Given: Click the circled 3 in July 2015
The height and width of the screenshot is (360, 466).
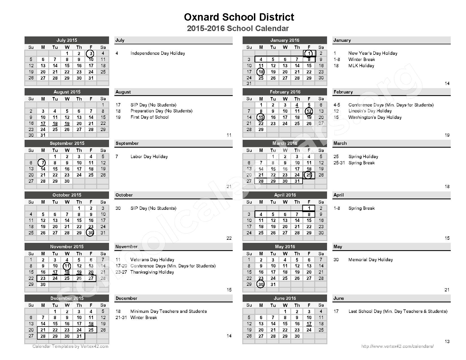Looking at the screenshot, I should [90, 53].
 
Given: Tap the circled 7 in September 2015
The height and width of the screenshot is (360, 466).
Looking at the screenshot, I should [42, 163].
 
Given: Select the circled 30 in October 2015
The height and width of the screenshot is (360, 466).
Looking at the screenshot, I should [90, 233].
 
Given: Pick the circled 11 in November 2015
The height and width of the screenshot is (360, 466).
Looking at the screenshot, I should [67, 266].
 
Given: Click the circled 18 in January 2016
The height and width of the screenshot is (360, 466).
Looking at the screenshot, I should [261, 72].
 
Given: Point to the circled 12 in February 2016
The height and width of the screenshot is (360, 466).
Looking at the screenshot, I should [309, 111].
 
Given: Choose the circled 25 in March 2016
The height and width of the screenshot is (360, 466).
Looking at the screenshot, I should [309, 175].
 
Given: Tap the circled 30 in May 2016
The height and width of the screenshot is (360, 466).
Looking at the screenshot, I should [261, 284].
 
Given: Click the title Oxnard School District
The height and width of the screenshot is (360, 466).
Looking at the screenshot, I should [239, 17].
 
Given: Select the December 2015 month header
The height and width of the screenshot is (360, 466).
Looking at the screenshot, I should [67, 298].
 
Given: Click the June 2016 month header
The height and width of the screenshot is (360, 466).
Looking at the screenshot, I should [285, 298].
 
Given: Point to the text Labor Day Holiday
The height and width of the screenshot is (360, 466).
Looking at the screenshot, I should [149, 156].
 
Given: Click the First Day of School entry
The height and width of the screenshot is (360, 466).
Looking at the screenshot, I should [149, 117].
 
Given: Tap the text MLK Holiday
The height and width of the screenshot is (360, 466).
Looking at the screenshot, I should [361, 66].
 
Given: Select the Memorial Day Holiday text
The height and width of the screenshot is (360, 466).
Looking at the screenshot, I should [370, 259].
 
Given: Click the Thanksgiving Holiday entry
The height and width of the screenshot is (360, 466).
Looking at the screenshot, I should [152, 272].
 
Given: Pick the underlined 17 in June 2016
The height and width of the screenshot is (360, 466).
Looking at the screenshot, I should [309, 324].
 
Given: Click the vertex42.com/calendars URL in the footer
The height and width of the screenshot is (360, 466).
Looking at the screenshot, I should [397, 346].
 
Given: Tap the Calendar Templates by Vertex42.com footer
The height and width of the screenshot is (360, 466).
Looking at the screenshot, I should [70, 346].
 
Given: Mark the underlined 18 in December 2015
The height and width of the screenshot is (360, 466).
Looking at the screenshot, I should [91, 324].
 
